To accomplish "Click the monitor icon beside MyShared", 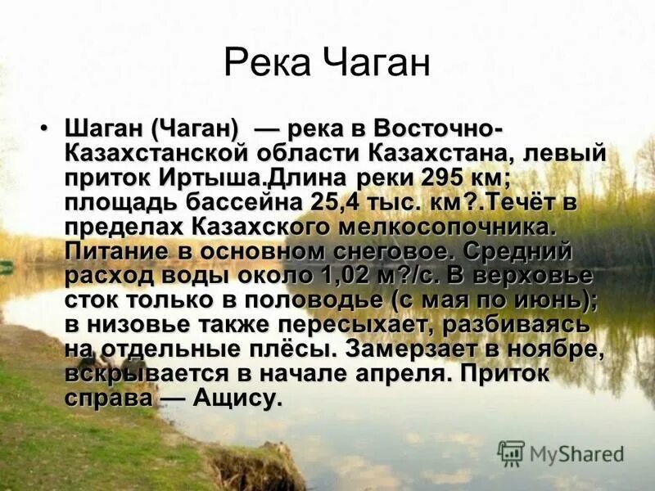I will click(511, 453).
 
